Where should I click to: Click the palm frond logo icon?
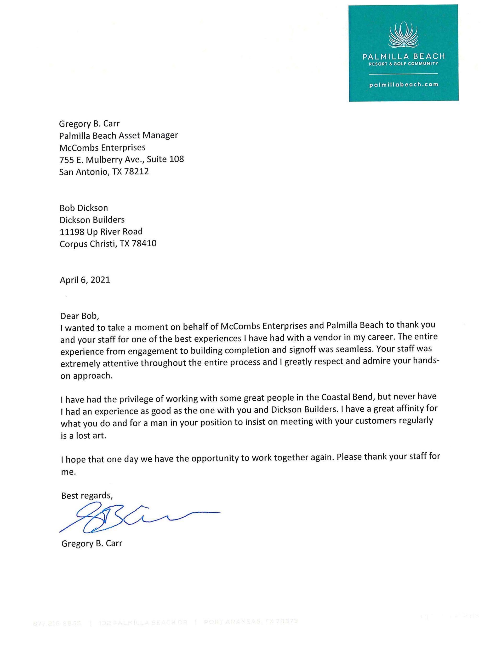[403, 35]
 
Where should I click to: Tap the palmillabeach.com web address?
[403, 84]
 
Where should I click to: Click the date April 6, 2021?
[85, 280]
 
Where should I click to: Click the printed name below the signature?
[92, 543]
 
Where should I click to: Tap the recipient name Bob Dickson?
[84, 207]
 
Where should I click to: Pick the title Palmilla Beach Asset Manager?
[118, 136]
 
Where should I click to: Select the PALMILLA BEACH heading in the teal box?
[403, 56]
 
